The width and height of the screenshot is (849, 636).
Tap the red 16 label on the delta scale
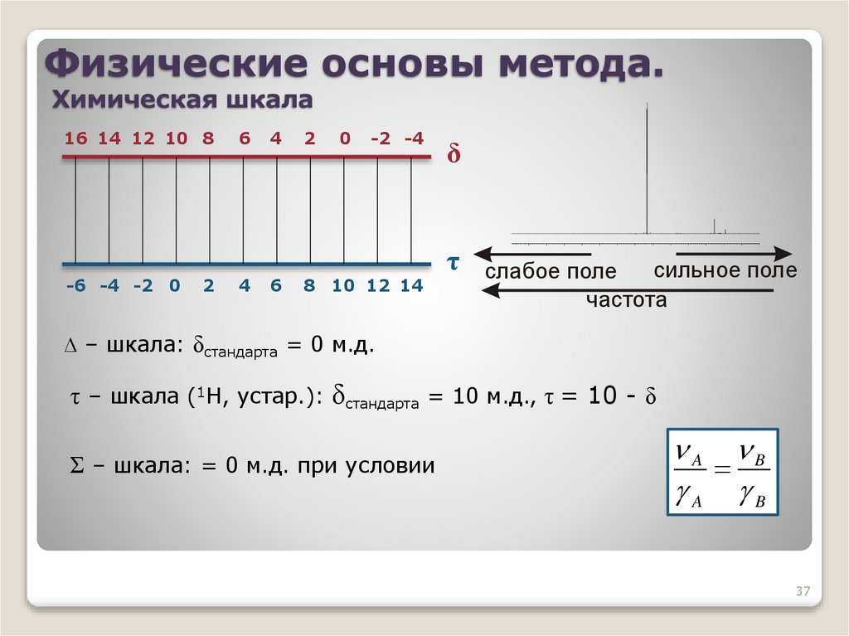tap(75, 138)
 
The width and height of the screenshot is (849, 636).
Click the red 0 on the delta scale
tap(344, 138)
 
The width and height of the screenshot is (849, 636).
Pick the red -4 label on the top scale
tap(413, 138)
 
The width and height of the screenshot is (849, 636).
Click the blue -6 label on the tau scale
tap(75, 286)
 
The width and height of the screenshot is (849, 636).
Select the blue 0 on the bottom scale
tap(175, 286)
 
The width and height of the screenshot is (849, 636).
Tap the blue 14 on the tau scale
tap(411, 286)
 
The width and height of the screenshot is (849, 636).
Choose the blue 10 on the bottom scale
tap(343, 286)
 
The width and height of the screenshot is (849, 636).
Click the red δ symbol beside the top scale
tap(454, 156)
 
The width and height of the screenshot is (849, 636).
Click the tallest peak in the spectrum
tap(647, 166)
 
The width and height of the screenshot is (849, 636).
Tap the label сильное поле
tap(725, 271)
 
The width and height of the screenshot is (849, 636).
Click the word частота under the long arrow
tap(626, 300)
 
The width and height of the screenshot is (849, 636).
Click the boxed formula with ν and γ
tap(723, 473)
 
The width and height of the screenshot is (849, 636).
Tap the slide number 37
tap(802, 591)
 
